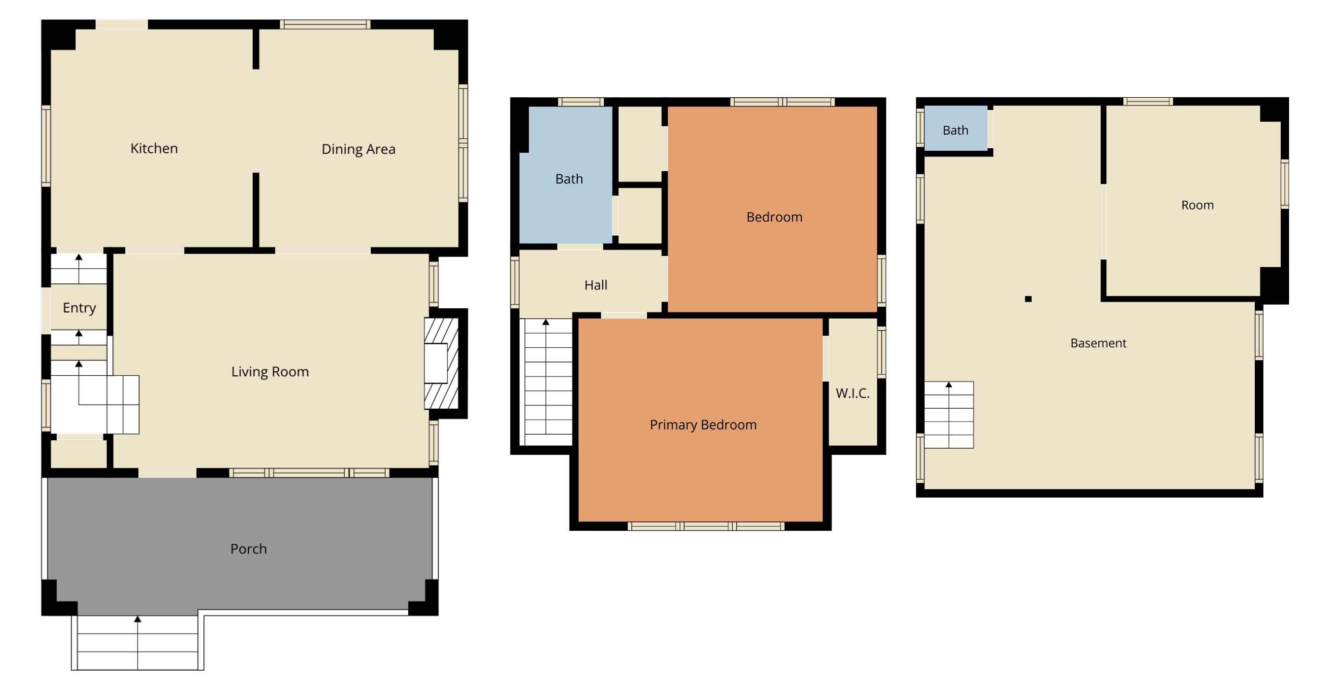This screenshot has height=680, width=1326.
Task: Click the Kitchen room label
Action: coord(154,149)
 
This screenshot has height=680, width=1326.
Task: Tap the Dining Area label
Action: coord(358,150)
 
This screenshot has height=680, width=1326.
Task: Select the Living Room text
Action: coord(270,372)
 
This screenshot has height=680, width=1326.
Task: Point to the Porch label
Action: coord(249,549)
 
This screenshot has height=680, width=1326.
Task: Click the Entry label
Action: coord(79,308)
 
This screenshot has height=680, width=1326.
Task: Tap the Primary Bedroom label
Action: coord(703,425)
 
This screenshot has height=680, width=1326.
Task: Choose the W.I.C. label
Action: coord(852,394)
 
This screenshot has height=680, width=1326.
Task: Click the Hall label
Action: coord(595,285)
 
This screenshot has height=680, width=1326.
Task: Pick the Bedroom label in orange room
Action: coord(774,217)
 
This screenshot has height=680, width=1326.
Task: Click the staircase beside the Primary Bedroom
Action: coord(548,382)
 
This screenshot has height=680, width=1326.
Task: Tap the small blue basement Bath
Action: coord(955,130)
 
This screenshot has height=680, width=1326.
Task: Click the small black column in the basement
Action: coord(1028,299)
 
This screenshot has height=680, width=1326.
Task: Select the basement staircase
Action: coord(948,415)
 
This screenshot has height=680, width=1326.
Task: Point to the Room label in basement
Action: coord(1197,205)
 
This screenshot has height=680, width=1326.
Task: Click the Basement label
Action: coord(1098,343)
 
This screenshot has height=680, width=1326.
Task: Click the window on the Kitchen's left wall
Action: coord(46,146)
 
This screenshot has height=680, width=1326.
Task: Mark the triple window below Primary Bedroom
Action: coord(706,527)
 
